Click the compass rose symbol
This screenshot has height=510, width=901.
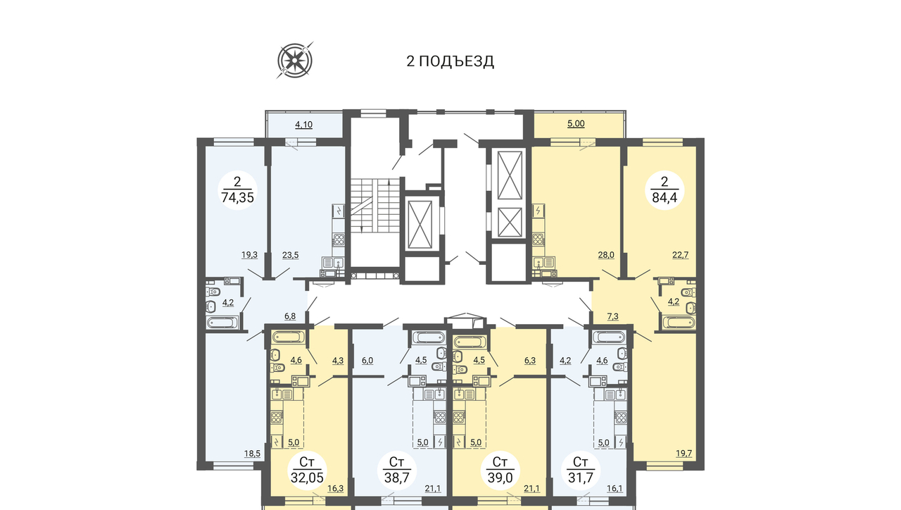coord(295,61)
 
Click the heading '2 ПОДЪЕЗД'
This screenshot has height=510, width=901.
coord(450,61)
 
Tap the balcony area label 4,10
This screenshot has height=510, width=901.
coord(303,125)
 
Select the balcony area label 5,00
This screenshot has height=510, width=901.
coord(576,123)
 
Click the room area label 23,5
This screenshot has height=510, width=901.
coord(291,255)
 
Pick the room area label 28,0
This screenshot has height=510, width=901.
coord(606,255)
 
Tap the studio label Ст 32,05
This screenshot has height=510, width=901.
coord(307,470)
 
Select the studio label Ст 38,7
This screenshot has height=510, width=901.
coord(396,470)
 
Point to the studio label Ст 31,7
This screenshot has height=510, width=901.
coord(581,470)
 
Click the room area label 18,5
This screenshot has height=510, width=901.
coord(252,454)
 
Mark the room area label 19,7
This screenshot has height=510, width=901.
coord(683,454)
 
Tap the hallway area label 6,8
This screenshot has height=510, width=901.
coord(290,316)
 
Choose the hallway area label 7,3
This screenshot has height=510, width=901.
coord(612,317)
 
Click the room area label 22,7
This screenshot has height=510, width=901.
coord(681,255)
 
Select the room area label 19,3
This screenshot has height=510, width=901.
coord(249,255)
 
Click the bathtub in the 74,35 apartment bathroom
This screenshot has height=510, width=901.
coord(222,323)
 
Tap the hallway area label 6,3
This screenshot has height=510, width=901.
coord(530,361)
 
